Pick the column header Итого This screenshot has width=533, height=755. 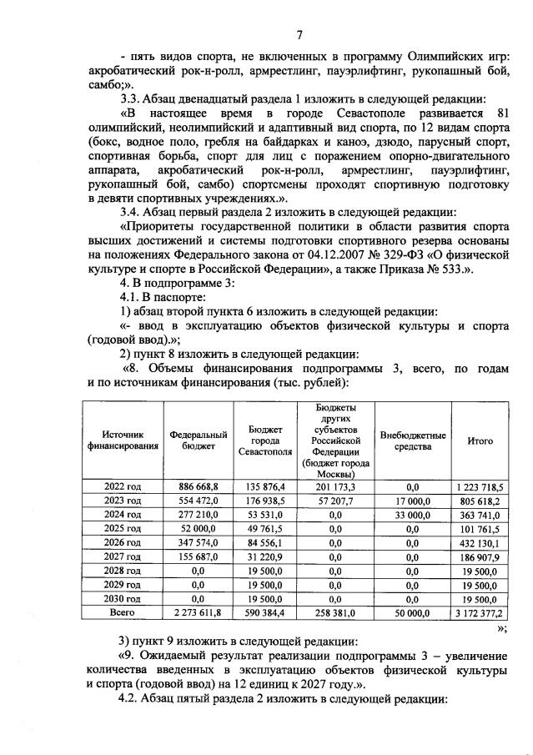[480, 440]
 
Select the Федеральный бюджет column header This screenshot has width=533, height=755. [199, 440]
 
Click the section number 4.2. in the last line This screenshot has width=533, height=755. [133, 697]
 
